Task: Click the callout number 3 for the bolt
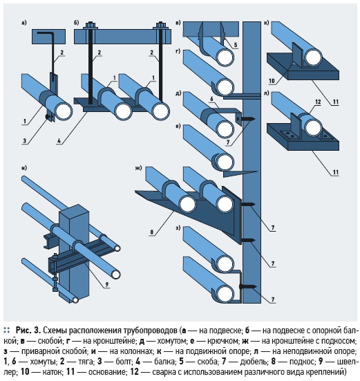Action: pos(24,140)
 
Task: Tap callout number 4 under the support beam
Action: pos(59,140)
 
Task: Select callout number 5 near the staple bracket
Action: pos(236,45)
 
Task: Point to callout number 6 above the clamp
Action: pos(211,99)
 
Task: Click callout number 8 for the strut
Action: pos(152,232)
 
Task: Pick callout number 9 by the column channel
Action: pos(107,284)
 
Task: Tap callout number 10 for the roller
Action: pos(272,81)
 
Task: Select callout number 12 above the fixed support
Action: pos(318,102)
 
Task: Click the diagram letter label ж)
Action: pos(138,168)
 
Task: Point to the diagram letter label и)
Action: pos(24,168)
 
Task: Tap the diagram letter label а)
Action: pos(23,23)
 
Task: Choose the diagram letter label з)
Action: pos(178,228)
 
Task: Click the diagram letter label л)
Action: pos(266,93)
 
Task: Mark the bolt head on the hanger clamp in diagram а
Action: pos(48,117)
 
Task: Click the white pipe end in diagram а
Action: pos(64,111)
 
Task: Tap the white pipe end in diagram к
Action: pos(314,57)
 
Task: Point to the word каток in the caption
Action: pos(52,372)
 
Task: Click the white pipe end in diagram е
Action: pos(225,162)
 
